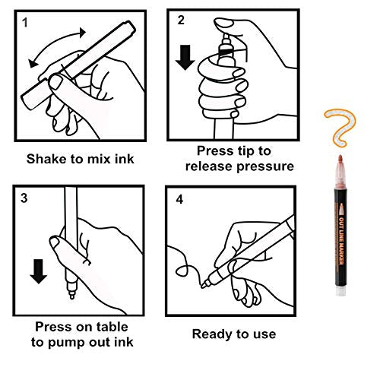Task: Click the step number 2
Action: [x=181, y=21]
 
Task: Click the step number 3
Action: [x=25, y=199]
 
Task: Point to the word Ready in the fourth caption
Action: [x=212, y=334]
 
